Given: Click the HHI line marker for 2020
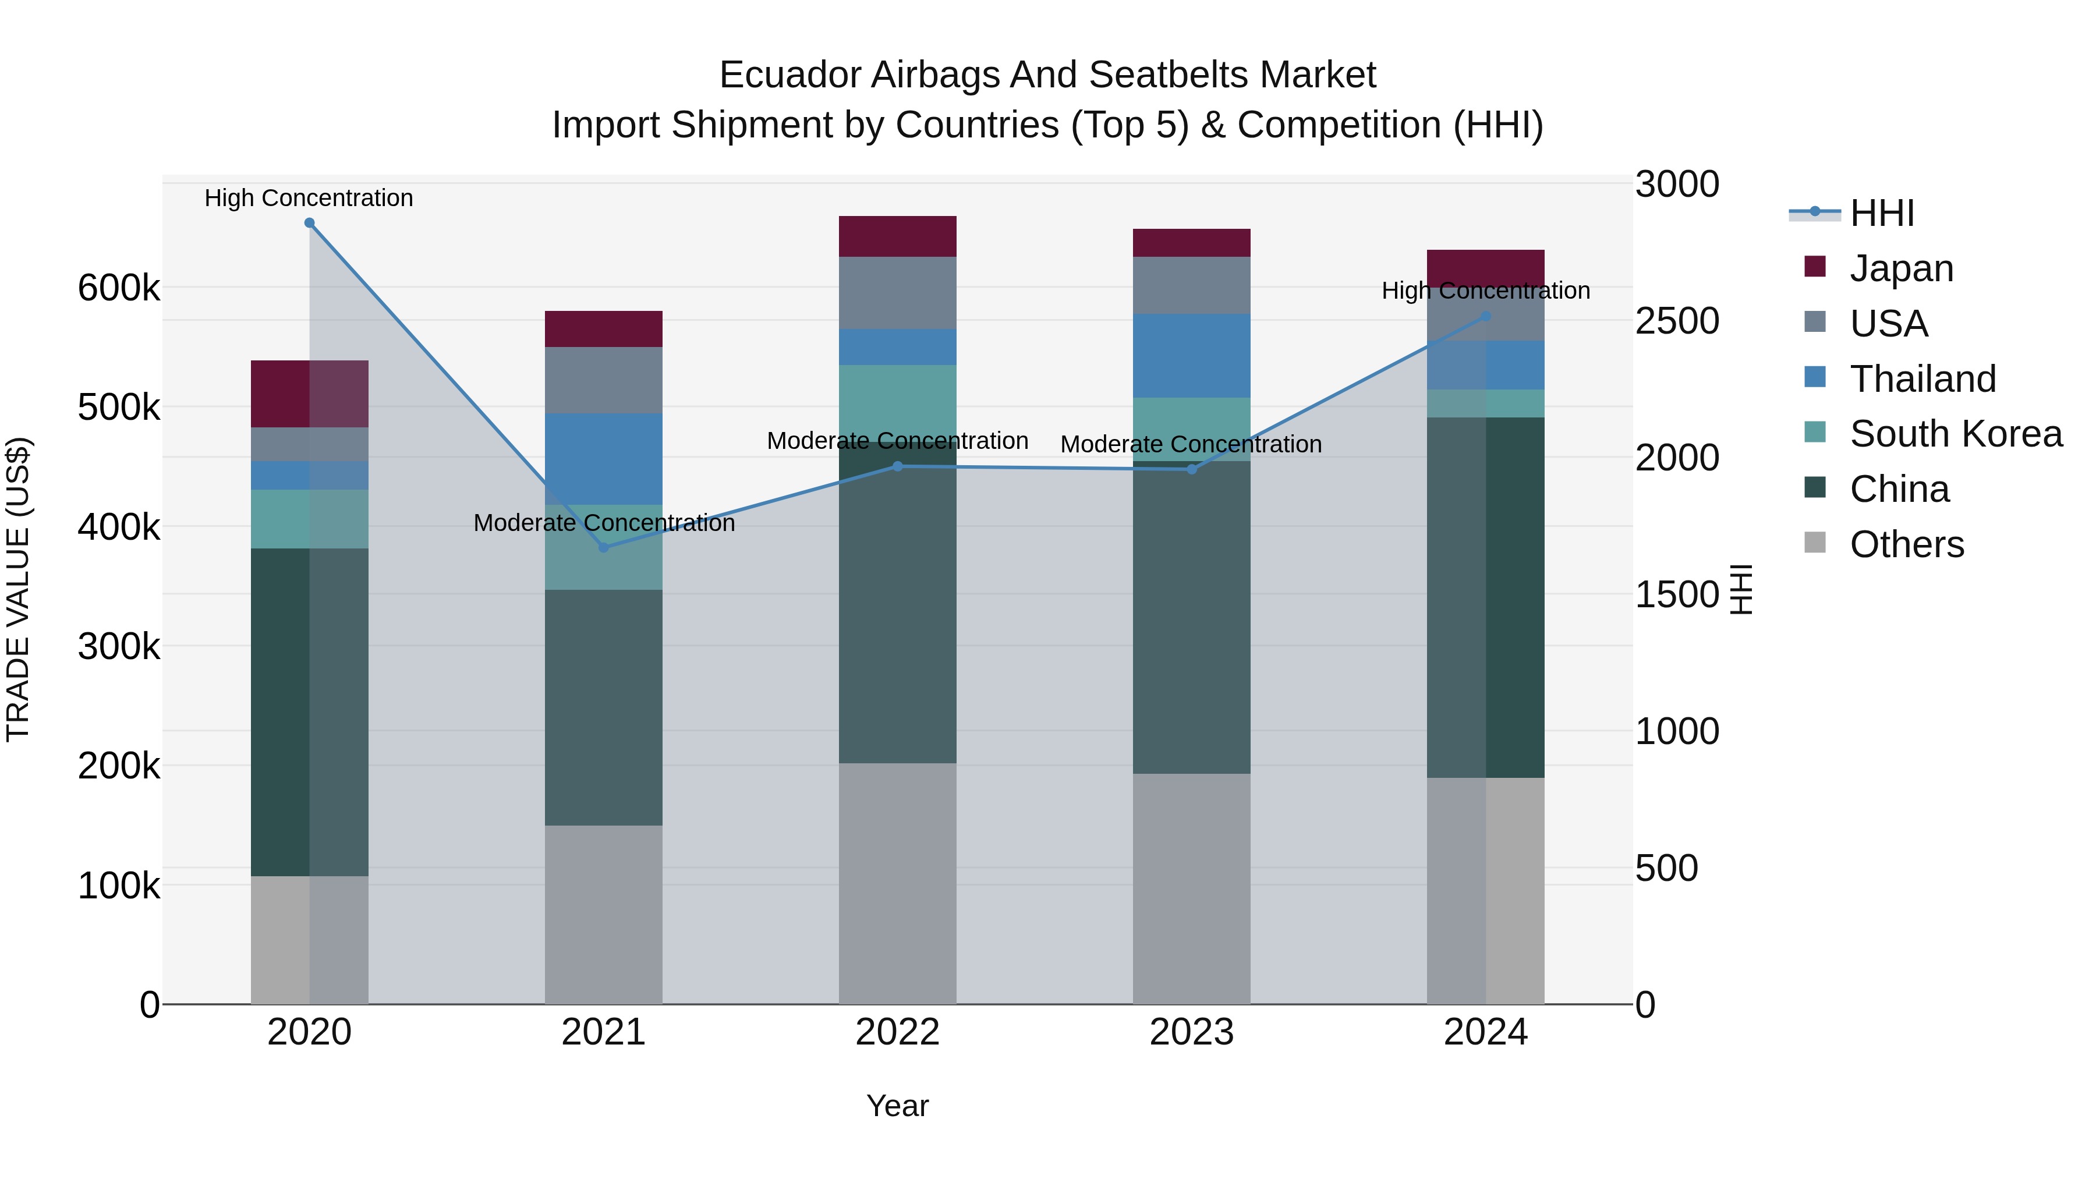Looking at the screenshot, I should (x=309, y=223).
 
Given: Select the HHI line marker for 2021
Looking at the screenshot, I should (x=604, y=548).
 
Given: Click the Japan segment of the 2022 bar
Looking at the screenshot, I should (x=897, y=237).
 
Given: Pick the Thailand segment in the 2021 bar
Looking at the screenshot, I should (x=604, y=459).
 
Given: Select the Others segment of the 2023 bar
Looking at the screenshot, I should (x=1191, y=888).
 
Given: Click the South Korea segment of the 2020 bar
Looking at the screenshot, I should (x=309, y=519).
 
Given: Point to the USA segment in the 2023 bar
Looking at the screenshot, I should (x=1191, y=286).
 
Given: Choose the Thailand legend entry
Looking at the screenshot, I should (x=1922, y=379).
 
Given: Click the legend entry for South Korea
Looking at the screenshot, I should (x=1955, y=434).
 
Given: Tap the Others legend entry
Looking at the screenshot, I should (x=1906, y=544).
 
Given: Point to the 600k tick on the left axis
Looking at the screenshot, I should (x=119, y=288).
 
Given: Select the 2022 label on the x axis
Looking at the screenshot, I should (x=897, y=1032).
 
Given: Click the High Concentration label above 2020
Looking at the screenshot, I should (x=309, y=199).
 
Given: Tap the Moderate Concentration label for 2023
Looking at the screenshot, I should (x=1191, y=445).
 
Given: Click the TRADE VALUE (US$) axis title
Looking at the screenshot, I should (x=18, y=589).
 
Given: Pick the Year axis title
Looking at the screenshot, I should (x=897, y=1107).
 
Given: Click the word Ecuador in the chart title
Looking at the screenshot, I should (x=789, y=76).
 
